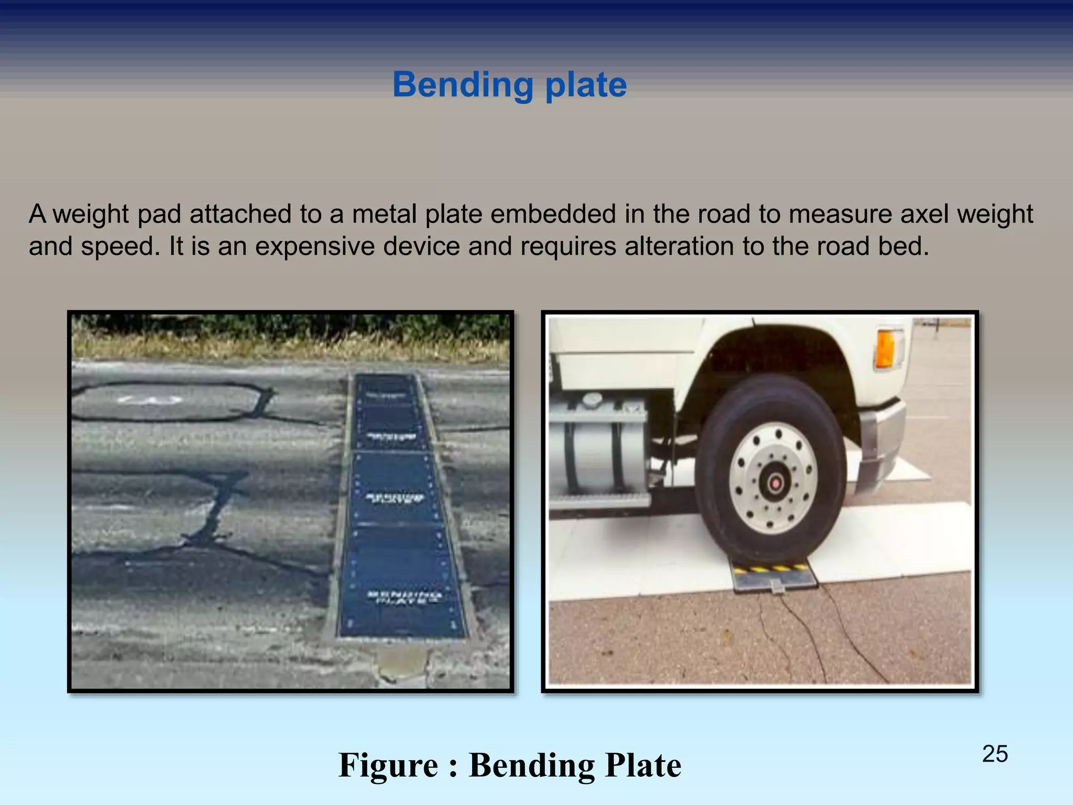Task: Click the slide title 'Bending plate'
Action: click(x=509, y=85)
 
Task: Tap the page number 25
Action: click(x=994, y=754)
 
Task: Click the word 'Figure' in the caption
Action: click(x=388, y=765)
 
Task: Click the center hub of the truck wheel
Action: click(x=776, y=481)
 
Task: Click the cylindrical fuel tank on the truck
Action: click(x=597, y=451)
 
